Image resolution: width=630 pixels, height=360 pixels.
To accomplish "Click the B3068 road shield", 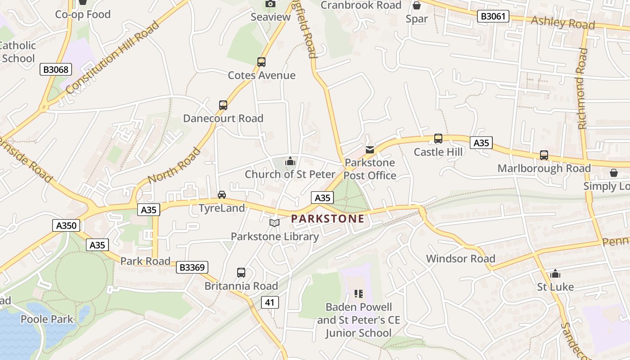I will (x=56, y=69).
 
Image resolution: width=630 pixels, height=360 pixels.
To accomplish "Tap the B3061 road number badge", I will (x=493, y=17).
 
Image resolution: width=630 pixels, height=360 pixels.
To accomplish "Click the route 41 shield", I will (x=270, y=302).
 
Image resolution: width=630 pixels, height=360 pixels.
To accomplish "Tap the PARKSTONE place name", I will (x=328, y=219).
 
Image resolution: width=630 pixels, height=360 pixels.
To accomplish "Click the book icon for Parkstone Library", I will (x=274, y=223).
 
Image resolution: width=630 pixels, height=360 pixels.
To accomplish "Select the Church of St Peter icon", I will (x=290, y=161).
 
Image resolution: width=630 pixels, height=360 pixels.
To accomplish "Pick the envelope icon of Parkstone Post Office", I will (x=370, y=149).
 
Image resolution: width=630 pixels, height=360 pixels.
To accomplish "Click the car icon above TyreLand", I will (x=222, y=195).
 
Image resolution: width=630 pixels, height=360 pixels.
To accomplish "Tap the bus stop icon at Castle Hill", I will (x=438, y=139).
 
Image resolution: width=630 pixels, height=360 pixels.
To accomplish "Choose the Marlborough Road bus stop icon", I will (x=544, y=155).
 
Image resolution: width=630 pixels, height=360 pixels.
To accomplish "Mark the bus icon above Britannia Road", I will (x=241, y=273).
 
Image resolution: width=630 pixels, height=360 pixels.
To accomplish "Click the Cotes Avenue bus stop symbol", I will (x=261, y=62).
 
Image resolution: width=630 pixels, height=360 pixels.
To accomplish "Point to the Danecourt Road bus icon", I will (x=223, y=105).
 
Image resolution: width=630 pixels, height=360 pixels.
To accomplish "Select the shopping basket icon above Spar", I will (x=417, y=5).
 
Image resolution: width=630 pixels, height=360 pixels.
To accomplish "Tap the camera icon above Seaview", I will (x=270, y=4).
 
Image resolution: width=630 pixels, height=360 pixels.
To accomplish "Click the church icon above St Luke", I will (x=555, y=274).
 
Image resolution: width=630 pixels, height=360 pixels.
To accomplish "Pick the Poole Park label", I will (x=47, y=319).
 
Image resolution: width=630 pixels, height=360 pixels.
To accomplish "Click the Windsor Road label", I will (x=460, y=259).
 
